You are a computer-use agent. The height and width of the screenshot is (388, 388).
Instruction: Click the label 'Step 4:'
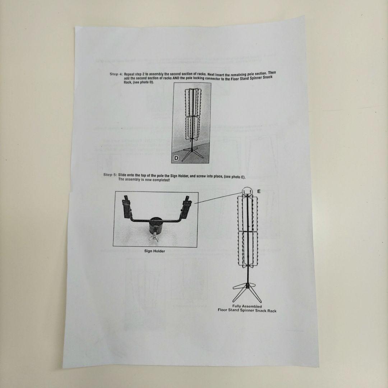[116, 74]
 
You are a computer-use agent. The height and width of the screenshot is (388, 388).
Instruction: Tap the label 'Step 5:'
[110, 175]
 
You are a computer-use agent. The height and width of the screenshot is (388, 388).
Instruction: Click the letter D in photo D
[176, 158]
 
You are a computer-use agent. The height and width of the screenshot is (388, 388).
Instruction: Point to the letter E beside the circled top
[259, 191]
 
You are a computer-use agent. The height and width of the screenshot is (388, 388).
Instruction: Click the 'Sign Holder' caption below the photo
[154, 251]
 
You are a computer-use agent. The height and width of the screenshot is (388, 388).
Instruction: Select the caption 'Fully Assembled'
[247, 306]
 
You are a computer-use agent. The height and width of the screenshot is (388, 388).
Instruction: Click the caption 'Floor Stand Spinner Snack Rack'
[247, 310]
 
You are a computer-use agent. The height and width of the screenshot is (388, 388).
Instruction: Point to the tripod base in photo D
[192, 153]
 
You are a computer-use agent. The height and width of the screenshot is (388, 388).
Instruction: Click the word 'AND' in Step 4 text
[176, 79]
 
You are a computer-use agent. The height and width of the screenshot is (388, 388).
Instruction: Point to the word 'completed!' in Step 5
[161, 180]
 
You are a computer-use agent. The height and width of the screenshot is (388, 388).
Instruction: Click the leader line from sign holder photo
[218, 198]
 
